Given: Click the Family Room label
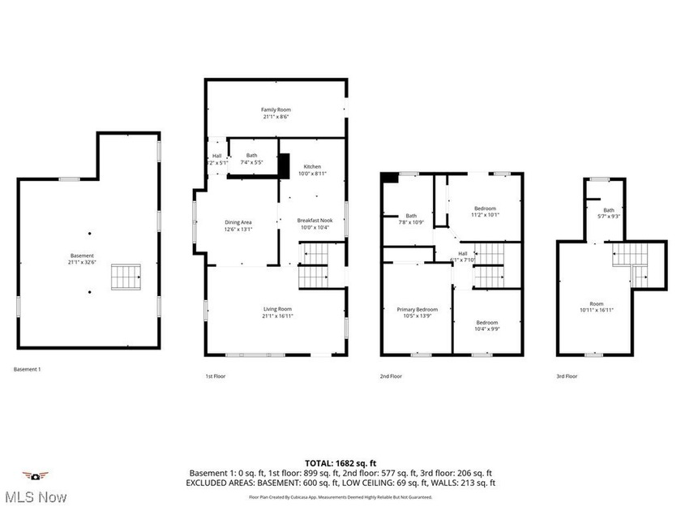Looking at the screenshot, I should [276, 113].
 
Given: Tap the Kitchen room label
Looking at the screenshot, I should [312, 169].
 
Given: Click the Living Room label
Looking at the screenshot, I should [276, 312].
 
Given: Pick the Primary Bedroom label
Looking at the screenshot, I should [417, 312].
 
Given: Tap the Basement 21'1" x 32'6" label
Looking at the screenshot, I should [81, 259].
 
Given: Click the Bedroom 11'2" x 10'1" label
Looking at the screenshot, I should [486, 212].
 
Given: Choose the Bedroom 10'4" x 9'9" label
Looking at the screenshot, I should [486, 325].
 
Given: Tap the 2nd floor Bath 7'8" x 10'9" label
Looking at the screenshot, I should [411, 219].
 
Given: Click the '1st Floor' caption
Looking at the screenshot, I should [215, 376].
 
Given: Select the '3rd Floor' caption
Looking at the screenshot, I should [567, 376].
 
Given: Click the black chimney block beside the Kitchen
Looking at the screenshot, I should [284, 165].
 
